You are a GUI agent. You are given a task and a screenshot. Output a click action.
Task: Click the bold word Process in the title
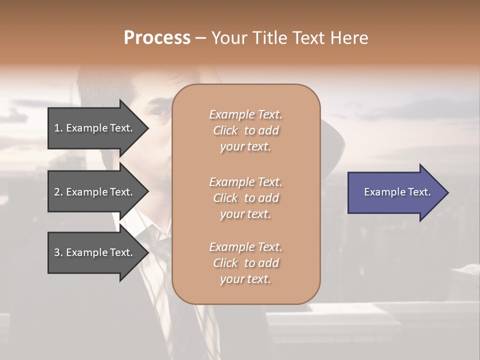point(157,38)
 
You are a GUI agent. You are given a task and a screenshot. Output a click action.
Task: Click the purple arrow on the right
point(395,192)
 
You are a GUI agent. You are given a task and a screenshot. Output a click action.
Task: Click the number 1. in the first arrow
point(58,128)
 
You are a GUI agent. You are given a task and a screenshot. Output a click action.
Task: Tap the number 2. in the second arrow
point(58,192)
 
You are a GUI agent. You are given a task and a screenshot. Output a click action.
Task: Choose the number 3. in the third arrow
point(58,252)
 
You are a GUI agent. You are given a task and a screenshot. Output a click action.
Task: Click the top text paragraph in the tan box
point(245,130)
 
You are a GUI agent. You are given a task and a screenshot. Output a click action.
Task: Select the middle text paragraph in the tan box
point(245,198)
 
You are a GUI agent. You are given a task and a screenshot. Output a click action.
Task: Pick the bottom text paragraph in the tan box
point(245,263)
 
